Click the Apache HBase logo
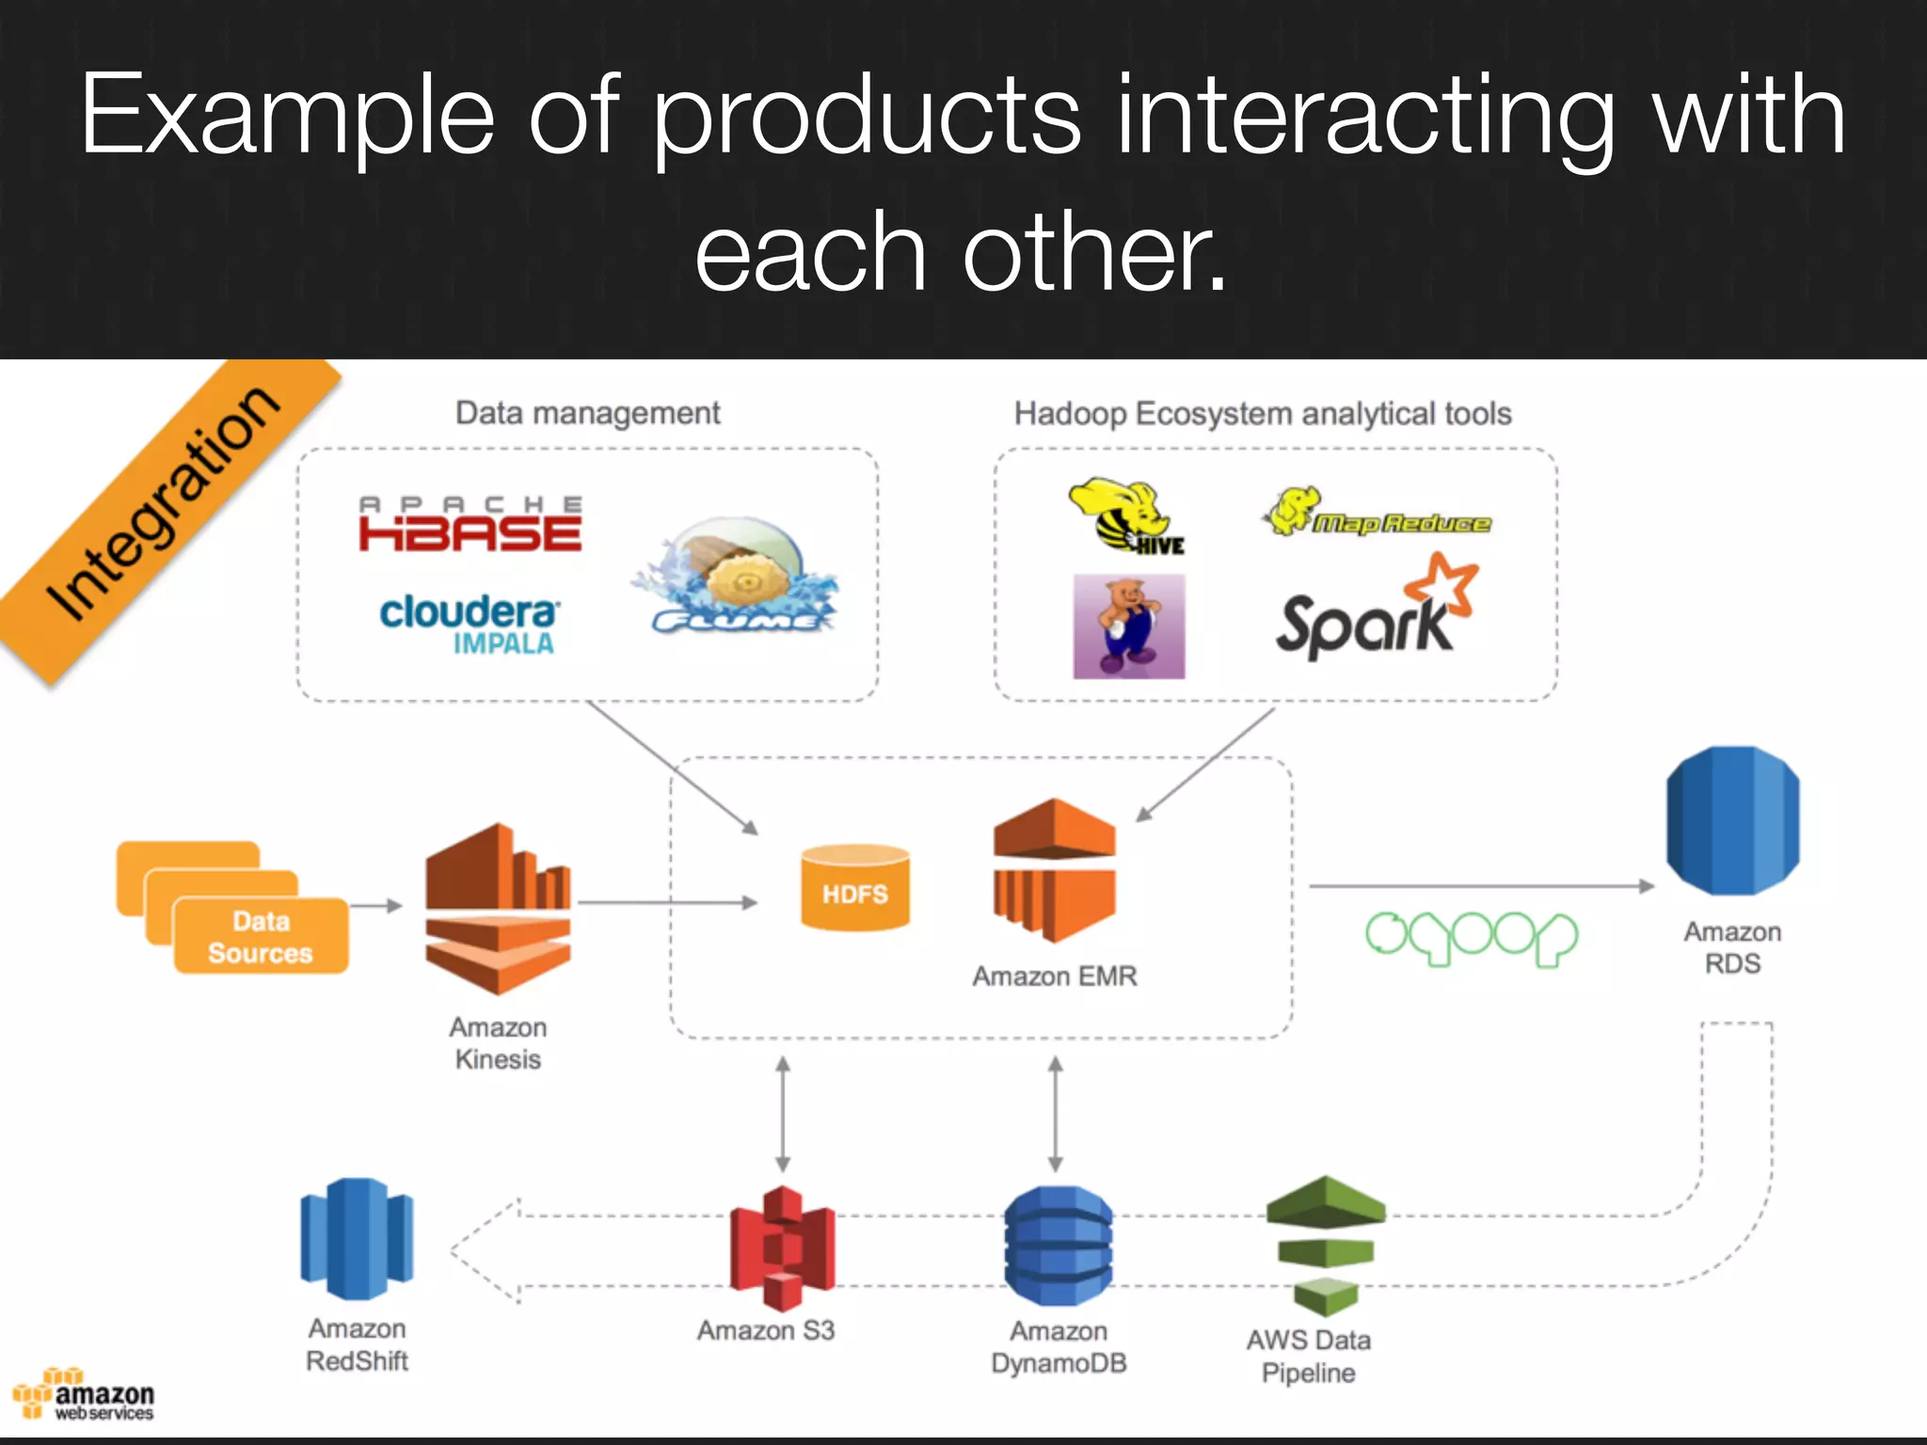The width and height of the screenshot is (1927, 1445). [x=470, y=525]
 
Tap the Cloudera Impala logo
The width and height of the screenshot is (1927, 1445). [x=469, y=623]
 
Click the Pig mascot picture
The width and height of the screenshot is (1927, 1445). [x=1128, y=627]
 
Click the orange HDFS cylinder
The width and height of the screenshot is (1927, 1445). [x=854, y=888]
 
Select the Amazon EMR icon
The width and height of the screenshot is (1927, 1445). [x=1054, y=869]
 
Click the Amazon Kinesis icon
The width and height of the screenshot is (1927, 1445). [x=498, y=909]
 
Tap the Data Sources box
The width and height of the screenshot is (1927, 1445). [x=260, y=935]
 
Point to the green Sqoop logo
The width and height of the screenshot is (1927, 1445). [x=1471, y=937]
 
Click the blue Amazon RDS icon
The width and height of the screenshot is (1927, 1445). [x=1732, y=820]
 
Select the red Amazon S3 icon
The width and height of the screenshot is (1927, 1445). [x=782, y=1247]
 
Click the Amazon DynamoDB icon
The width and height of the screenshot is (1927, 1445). [x=1058, y=1246]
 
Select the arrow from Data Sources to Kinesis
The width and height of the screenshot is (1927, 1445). [x=376, y=905]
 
